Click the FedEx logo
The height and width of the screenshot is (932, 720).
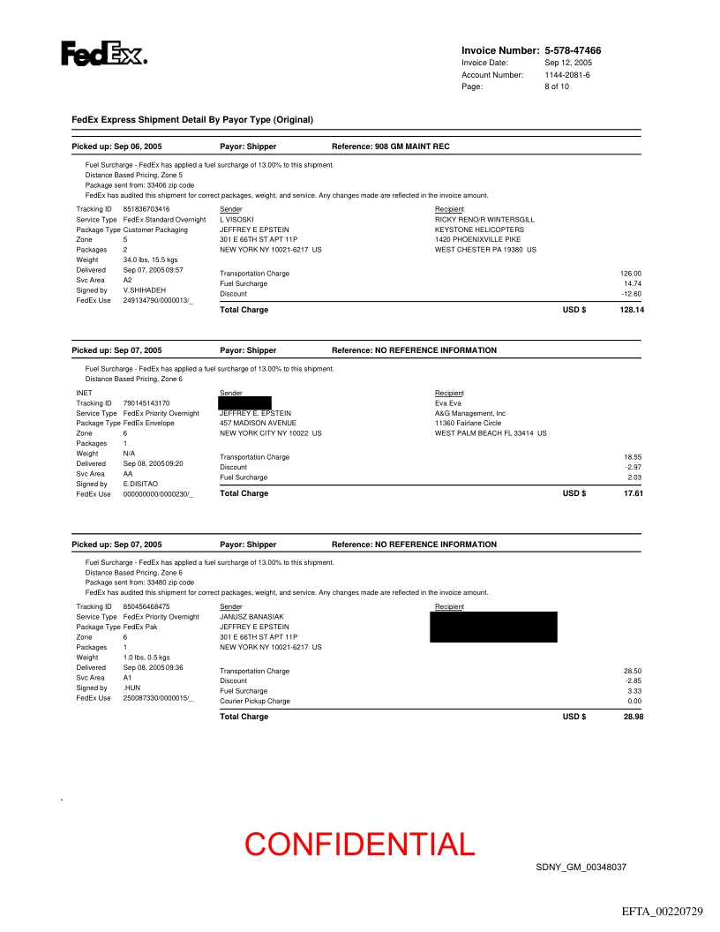(x=103, y=54)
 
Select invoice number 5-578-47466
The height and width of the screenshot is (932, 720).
(x=573, y=51)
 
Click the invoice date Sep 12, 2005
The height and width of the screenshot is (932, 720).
(x=568, y=63)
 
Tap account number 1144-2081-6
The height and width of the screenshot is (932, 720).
(x=567, y=75)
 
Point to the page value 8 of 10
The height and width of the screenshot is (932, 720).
(x=557, y=86)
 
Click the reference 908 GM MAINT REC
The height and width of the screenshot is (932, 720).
(x=412, y=147)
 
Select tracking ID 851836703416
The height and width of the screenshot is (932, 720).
(x=146, y=209)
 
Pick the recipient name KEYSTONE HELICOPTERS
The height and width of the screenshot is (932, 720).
(x=479, y=229)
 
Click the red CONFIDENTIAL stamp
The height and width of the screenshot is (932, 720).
(x=360, y=845)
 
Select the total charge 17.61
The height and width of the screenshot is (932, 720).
(x=634, y=494)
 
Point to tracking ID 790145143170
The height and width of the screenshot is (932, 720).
(x=146, y=403)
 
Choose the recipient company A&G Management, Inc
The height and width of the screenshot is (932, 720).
(x=470, y=413)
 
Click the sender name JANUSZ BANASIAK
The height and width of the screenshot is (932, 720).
(x=252, y=617)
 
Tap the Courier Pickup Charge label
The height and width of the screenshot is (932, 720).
(x=255, y=702)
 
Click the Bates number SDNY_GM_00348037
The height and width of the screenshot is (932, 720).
(x=581, y=868)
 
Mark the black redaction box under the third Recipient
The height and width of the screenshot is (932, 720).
(x=493, y=627)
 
